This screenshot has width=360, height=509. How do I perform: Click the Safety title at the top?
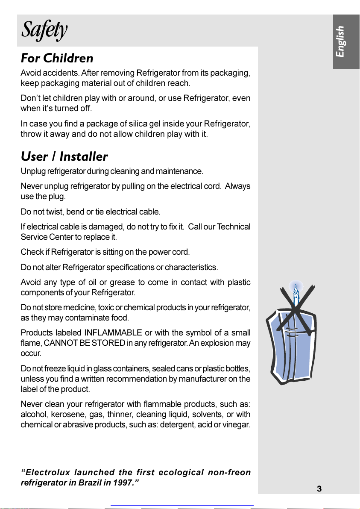click(x=44, y=30)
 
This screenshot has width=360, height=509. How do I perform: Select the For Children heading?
click(x=57, y=58)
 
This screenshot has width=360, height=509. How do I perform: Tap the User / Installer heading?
click(x=64, y=156)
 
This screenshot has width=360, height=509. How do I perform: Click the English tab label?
click(x=340, y=42)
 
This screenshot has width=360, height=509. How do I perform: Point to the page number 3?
click(x=319, y=489)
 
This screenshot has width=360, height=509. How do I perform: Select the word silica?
click(x=136, y=124)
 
